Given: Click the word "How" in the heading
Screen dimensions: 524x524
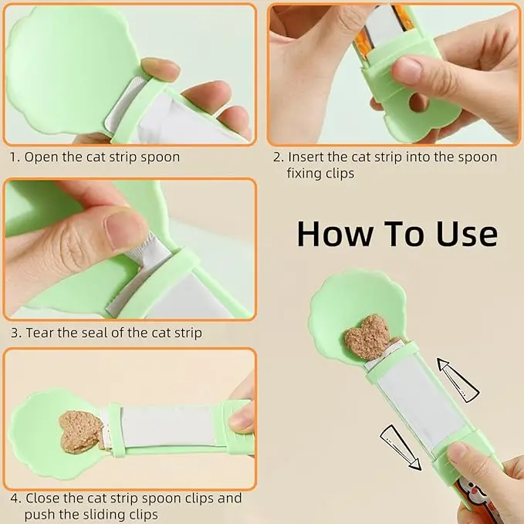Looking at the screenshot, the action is (335, 234).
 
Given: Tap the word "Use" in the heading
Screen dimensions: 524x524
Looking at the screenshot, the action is (467, 234).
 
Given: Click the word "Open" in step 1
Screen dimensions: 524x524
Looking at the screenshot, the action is (40, 157).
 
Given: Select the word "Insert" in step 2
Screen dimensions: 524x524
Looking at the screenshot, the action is (306, 157).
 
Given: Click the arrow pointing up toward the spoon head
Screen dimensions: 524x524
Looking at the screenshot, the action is (458, 380).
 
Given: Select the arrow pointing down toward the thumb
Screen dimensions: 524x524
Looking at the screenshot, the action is (401, 448).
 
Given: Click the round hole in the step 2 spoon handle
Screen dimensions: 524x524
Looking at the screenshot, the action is (419, 102).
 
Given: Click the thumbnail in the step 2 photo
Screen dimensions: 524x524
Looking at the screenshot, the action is (407, 70).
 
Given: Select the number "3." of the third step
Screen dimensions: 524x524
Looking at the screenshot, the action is (16, 333).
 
